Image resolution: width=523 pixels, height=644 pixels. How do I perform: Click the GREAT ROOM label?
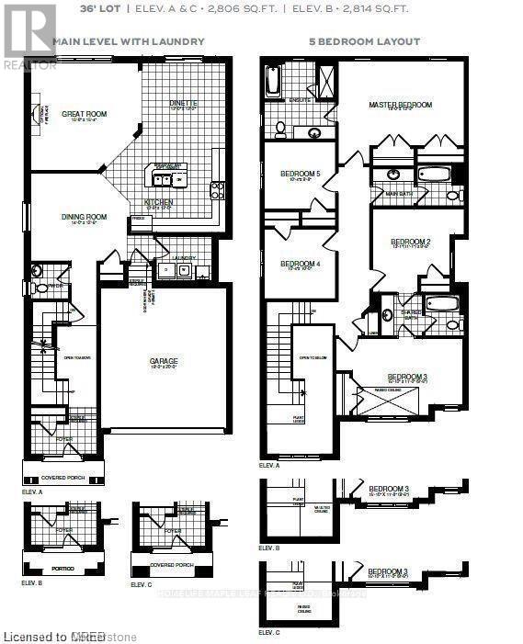85,115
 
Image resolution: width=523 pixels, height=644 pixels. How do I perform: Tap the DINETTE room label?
184,104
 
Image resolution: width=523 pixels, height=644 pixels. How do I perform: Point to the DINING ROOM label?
85,218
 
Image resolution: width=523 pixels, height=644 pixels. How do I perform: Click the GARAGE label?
164,361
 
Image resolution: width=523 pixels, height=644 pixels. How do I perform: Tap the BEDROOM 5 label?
301,174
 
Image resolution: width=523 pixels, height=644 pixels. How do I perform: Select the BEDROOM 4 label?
301,264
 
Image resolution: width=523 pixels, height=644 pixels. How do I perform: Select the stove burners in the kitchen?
217,190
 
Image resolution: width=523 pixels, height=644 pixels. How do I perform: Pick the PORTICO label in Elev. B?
63,569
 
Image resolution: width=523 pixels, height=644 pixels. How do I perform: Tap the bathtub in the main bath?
433,174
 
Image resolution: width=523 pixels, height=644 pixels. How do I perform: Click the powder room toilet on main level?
39,288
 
